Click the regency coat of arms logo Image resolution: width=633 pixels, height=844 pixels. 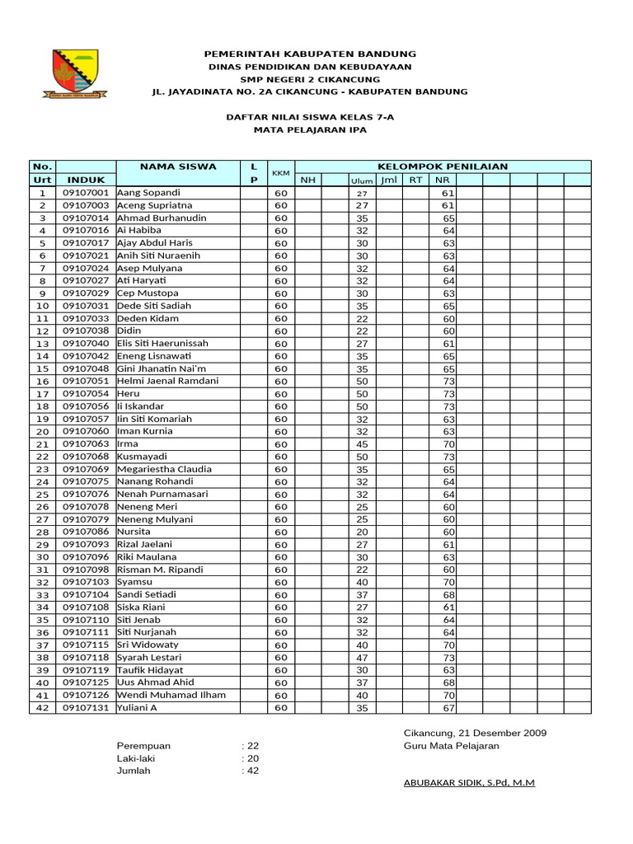(x=75, y=72)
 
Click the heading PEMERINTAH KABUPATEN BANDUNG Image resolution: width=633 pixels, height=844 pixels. (x=310, y=54)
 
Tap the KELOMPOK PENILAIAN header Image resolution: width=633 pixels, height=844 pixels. (x=442, y=166)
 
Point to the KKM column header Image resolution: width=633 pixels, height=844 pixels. (x=281, y=173)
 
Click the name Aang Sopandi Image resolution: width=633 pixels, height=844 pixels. (x=150, y=193)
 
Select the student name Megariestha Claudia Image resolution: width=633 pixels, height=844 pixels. (x=164, y=469)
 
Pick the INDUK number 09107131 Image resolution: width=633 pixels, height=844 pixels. (x=86, y=708)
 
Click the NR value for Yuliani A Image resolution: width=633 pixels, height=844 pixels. (x=448, y=708)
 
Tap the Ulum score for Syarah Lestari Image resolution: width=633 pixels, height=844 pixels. (x=361, y=658)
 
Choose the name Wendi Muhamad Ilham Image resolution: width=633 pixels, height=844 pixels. (x=171, y=695)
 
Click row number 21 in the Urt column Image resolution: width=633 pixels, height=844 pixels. (x=42, y=444)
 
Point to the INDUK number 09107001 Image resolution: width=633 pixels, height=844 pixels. (x=86, y=193)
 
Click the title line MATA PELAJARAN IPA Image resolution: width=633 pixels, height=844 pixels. (x=310, y=130)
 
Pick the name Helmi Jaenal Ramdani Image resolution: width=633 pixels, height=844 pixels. (x=168, y=381)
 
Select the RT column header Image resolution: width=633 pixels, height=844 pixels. (x=415, y=180)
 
